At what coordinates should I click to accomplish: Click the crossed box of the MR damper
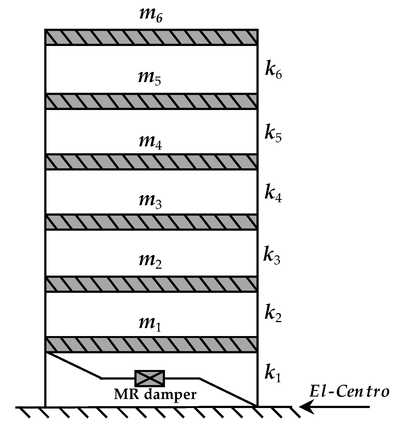click(x=150, y=378)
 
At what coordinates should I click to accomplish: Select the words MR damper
click(x=155, y=395)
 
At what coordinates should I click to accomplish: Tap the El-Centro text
click(x=349, y=392)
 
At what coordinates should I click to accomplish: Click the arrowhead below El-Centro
click(x=306, y=407)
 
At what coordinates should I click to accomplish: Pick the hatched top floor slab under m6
click(x=151, y=37)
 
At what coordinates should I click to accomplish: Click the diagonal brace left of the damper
click(x=74, y=366)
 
